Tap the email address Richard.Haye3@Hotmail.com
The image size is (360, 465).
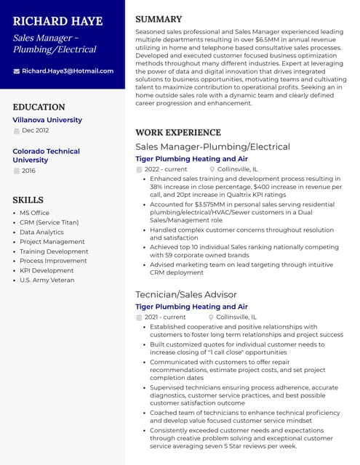pos(68,71)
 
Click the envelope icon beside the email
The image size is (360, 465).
pos(16,71)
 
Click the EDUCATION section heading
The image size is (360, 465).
pos(39,107)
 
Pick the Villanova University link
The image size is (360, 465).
pos(47,120)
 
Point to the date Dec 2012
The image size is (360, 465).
pos(36,131)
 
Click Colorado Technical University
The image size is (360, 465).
pos(46,155)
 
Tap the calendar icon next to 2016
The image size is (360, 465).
pos(16,171)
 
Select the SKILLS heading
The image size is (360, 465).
pos(28,200)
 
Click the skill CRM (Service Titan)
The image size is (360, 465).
pos(49,222)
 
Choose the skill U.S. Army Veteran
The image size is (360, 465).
pos(47,280)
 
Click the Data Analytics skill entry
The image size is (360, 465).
pos(42,232)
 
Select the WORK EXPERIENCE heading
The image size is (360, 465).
pos(178,132)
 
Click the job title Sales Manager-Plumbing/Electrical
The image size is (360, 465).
pos(212,147)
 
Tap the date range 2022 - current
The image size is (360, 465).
pos(166,169)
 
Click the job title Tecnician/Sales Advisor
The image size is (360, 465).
pos(186,294)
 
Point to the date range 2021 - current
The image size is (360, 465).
pos(165,318)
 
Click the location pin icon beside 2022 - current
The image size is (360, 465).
pos(212,169)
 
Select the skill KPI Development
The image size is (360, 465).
pos(47,270)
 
